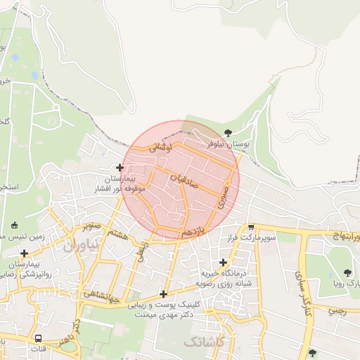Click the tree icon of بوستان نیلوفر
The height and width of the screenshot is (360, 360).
[227, 132]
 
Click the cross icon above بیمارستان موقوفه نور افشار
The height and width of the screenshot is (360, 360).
[120, 168]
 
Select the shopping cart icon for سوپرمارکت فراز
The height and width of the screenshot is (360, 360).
[251, 227]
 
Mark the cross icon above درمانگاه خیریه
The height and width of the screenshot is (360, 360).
[223, 262]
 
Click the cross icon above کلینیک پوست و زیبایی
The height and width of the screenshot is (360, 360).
[164, 295]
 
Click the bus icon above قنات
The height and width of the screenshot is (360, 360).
[38, 338]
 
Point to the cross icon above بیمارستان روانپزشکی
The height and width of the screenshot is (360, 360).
[25, 253]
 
